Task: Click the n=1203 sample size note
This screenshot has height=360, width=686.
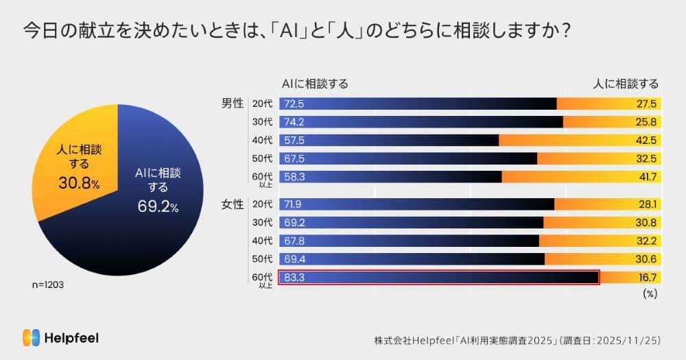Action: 49,283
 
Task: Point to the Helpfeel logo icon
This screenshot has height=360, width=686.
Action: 31,337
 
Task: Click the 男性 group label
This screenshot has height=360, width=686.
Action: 233,104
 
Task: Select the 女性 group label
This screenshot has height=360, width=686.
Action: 233,204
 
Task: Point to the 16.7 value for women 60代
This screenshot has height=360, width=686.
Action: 647,277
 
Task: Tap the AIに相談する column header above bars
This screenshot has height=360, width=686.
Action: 315,84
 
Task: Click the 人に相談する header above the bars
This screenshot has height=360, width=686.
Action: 625,84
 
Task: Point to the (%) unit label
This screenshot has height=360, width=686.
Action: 650,293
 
